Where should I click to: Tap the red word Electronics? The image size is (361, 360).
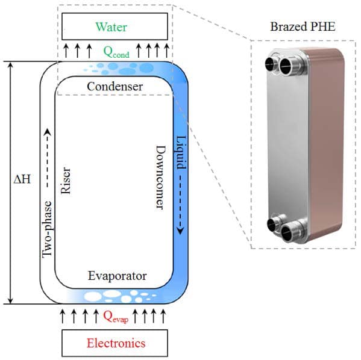click(x=116, y=344)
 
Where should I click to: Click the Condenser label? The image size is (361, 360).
click(x=115, y=87)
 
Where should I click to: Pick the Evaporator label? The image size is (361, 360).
click(x=117, y=276)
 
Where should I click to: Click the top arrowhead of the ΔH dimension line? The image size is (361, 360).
click(x=10, y=65)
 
